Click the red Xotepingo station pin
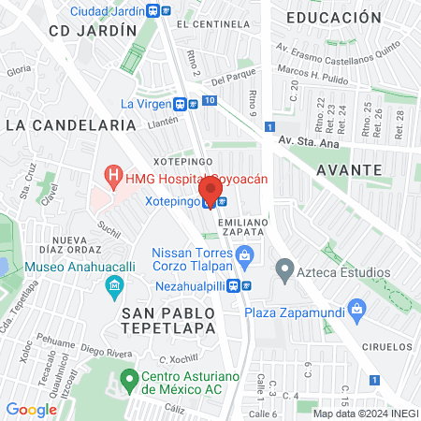211,190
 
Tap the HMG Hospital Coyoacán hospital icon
113,175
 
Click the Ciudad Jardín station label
107,11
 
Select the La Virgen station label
152,104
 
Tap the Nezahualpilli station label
195,285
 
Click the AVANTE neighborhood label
349,170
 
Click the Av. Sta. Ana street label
314,141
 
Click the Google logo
31,409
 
